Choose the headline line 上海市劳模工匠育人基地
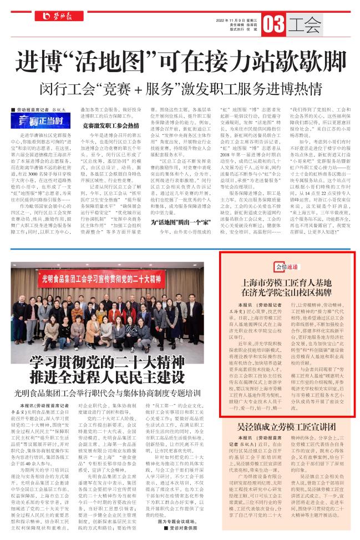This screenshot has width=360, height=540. click(x=285, y=283)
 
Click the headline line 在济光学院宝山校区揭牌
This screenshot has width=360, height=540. click(x=285, y=294)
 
